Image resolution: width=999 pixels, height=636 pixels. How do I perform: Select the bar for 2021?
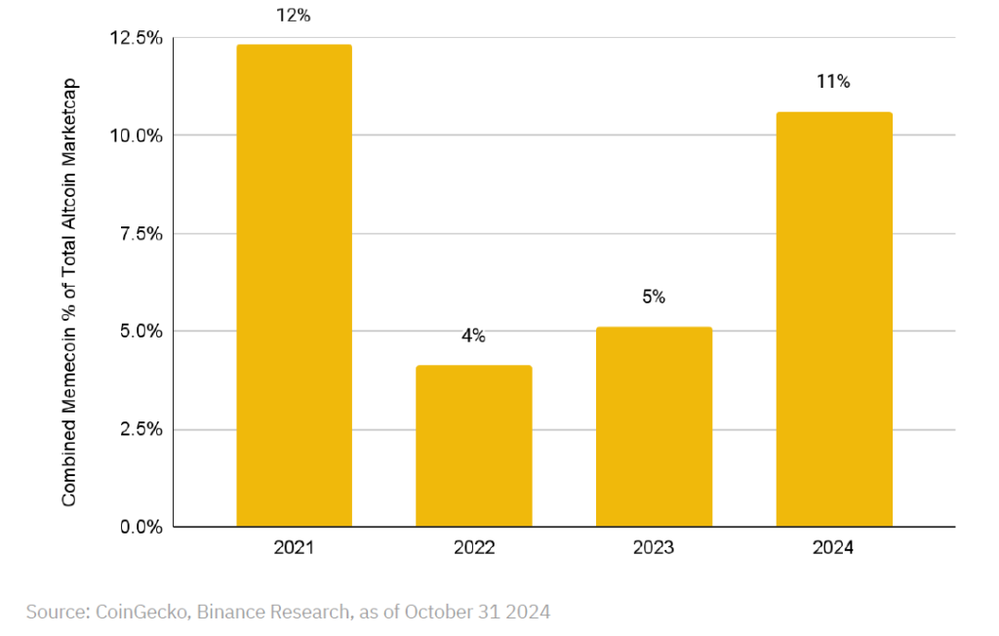tap(294, 286)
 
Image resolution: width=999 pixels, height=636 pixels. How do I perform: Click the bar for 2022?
tap(473, 446)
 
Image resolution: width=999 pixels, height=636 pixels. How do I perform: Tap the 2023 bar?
tap(654, 427)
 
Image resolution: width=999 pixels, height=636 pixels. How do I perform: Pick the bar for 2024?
tap(834, 319)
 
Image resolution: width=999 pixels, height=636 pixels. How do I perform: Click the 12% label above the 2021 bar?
tap(293, 16)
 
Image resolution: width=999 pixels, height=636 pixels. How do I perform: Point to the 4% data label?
tap(473, 336)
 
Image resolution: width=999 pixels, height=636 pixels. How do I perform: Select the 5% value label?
tap(654, 297)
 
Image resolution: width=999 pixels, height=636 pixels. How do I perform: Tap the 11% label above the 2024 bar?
tap(833, 82)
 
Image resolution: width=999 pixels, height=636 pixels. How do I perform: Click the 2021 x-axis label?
tap(294, 547)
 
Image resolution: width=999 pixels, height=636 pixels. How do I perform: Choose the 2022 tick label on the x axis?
tap(474, 547)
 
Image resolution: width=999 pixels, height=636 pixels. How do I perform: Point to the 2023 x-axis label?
tap(654, 547)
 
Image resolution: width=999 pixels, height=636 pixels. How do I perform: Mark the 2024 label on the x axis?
tap(833, 547)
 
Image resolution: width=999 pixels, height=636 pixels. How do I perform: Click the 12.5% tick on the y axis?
tap(137, 38)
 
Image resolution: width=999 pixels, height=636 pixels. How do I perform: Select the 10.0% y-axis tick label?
tap(137, 136)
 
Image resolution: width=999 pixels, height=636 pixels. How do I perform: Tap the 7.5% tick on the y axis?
tap(141, 234)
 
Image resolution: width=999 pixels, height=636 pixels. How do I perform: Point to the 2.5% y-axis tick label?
tap(141, 429)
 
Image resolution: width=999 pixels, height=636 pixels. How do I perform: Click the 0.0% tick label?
tap(141, 527)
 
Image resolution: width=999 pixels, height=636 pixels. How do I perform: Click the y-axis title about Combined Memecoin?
tap(69, 293)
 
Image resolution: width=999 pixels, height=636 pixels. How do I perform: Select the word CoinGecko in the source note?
tap(141, 612)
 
